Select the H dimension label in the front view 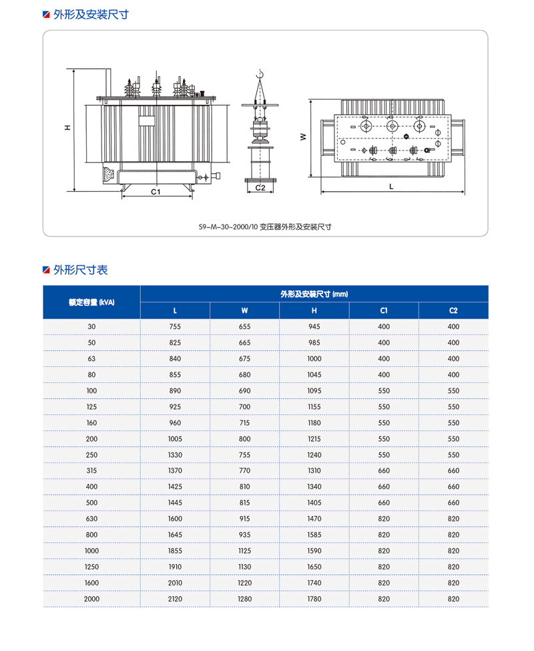point(67,128)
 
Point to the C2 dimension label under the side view point(260,188)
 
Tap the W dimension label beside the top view point(302,136)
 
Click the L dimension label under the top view point(392,188)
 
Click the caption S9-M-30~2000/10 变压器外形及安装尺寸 point(265,227)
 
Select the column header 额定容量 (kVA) point(91,302)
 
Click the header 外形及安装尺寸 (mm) point(314,294)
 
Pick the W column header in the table point(244,310)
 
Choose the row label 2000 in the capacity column point(91,599)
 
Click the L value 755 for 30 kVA point(175,326)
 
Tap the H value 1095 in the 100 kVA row point(314,390)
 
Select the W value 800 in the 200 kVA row point(244,438)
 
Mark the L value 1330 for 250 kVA point(175,454)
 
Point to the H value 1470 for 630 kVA point(314,519)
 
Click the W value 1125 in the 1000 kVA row point(244,551)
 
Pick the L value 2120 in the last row point(175,599)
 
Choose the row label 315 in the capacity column point(91,471)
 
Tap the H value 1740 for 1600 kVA point(314,583)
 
